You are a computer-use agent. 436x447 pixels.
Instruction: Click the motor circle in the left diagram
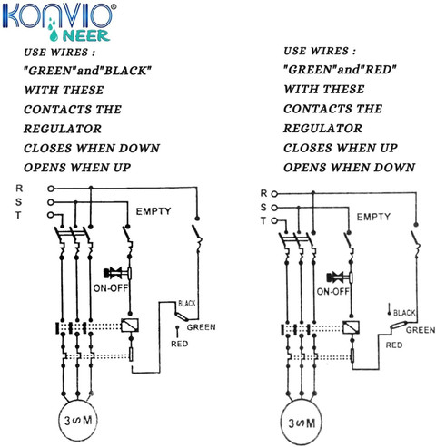click(x=78, y=401)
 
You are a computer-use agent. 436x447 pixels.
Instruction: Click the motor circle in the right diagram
click(x=301, y=402)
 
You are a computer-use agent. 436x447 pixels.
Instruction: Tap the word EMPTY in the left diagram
click(x=154, y=211)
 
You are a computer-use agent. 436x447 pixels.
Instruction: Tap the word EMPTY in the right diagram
click(x=373, y=217)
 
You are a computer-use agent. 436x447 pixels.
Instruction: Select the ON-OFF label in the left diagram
click(x=111, y=288)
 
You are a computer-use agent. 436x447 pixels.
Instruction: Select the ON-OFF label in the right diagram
click(x=333, y=292)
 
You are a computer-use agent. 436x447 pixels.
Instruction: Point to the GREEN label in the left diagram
click(x=201, y=327)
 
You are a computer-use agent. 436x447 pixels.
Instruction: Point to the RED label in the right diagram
click(x=394, y=345)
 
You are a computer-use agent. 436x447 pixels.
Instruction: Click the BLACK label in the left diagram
click(x=187, y=303)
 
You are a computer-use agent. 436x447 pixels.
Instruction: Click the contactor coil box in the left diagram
click(x=130, y=326)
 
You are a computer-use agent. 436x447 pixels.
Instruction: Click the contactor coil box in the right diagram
click(x=352, y=327)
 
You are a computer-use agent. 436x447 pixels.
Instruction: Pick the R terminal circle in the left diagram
click(x=51, y=189)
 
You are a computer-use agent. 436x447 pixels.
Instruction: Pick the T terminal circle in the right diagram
click(x=274, y=221)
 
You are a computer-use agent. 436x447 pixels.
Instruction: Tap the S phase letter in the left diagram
click(x=19, y=202)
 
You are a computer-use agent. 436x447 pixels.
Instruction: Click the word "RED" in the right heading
click(x=379, y=70)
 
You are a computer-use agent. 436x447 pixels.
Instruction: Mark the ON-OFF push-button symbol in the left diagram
click(x=117, y=273)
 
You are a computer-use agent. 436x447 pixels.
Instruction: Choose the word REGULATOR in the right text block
click(x=322, y=129)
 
